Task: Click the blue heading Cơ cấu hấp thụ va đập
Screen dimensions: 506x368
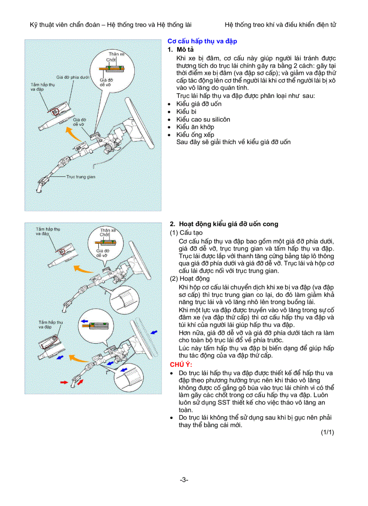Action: click(202, 41)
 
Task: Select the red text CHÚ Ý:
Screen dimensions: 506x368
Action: click(181, 364)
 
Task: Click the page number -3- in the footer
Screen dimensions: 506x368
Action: click(184, 480)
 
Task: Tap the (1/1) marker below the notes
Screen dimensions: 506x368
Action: click(327, 433)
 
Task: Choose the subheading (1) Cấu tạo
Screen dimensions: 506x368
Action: click(186, 233)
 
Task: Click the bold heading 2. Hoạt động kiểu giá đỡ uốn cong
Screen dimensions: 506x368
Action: click(224, 224)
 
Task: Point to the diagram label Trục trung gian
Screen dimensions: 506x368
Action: click(81, 177)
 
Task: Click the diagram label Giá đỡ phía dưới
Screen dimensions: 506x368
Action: click(72, 77)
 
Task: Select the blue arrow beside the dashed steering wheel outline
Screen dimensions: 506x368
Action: click(154, 332)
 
